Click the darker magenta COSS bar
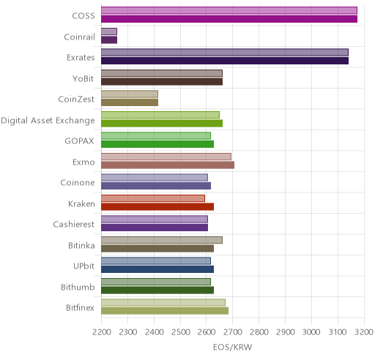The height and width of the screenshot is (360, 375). tap(229, 19)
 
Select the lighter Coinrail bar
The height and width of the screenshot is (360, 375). tap(109, 31)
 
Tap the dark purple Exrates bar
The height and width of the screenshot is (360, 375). tap(225, 61)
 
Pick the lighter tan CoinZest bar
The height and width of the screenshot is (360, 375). tap(130, 94)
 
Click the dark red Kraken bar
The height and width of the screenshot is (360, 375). tap(157, 207)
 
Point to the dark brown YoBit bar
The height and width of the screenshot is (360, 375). tap(162, 82)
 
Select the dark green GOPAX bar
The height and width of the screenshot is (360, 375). tap(157, 144)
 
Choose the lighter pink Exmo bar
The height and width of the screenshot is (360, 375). tap(166, 157)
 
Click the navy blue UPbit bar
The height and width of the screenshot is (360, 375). tap(157, 269)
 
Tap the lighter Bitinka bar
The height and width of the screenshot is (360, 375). tap(162, 240)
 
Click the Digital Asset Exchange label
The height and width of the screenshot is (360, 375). tap(48, 121)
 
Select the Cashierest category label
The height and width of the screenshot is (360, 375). tap(74, 225)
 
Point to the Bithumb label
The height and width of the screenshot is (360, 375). tap(78, 287)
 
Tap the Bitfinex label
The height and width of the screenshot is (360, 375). tap(80, 308)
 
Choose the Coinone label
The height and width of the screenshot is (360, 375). tap(78, 183)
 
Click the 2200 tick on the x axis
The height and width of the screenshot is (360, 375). tap(102, 332)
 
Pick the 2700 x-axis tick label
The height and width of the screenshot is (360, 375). tap(233, 332)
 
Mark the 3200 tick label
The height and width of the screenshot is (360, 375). tap(364, 332)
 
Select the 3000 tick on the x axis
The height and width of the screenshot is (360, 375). tap(311, 332)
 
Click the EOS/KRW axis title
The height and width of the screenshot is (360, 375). tap(233, 347)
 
